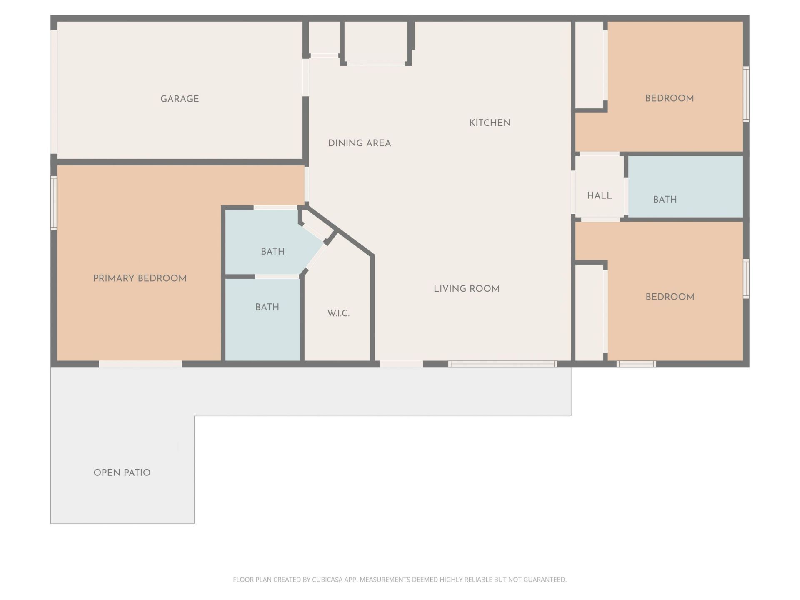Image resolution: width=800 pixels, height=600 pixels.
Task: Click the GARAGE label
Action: tap(180, 99)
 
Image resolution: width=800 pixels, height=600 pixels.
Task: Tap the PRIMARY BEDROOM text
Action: tap(140, 278)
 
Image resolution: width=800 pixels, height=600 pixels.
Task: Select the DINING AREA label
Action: tap(359, 143)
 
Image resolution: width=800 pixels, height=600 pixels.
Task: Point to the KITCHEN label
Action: tap(490, 123)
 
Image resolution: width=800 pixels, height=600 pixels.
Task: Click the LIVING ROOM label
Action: tap(466, 289)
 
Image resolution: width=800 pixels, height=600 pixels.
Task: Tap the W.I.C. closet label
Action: tap(338, 313)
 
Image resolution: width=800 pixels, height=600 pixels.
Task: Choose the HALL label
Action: tap(599, 195)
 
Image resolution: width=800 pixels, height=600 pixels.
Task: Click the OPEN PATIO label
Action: tap(122, 472)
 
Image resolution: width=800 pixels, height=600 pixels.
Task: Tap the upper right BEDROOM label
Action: tap(669, 99)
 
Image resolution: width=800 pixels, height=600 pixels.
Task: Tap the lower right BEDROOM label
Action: tap(670, 297)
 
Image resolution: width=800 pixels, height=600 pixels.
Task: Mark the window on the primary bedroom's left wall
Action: tap(54, 203)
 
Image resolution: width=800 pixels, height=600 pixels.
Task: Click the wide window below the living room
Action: tap(502, 364)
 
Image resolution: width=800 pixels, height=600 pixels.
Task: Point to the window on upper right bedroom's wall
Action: tap(746, 94)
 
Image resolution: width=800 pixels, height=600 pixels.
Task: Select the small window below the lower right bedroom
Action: tap(636, 364)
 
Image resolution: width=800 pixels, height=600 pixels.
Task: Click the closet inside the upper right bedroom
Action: tap(589, 65)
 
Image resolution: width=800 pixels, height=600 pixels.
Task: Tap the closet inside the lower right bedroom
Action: tap(589, 312)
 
